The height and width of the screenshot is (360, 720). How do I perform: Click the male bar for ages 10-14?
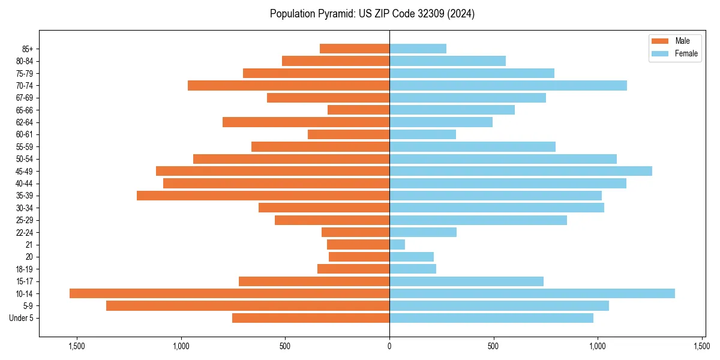click(x=229, y=293)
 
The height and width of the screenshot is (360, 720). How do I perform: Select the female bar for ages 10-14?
click(x=532, y=293)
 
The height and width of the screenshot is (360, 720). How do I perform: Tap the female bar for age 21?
click(x=397, y=244)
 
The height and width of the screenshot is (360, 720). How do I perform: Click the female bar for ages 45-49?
click(x=521, y=171)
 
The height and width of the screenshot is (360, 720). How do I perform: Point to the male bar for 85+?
click(x=355, y=49)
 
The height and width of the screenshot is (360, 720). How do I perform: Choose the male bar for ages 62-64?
click(x=306, y=122)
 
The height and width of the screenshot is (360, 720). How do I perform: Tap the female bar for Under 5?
click(x=491, y=318)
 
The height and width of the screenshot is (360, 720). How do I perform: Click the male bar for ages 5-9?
click(x=248, y=305)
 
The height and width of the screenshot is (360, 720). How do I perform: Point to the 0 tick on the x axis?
click(x=389, y=346)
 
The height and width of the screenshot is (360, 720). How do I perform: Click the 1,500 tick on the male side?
click(x=77, y=346)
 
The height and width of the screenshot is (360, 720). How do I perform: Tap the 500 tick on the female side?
click(x=493, y=346)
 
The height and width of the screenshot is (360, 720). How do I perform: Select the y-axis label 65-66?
click(x=25, y=110)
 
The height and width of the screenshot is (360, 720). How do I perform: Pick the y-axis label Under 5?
click(x=22, y=318)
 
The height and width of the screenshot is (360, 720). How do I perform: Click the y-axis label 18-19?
click(x=25, y=269)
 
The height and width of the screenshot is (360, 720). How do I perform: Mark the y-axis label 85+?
click(x=28, y=49)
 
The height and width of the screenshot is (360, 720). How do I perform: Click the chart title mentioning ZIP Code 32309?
click(x=372, y=14)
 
